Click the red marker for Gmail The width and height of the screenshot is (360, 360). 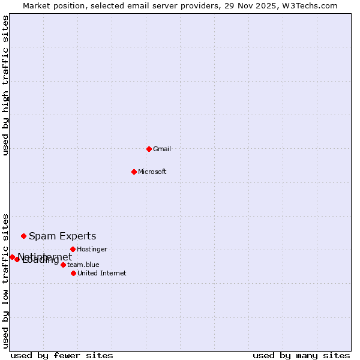149,149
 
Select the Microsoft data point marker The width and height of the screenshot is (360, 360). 134,172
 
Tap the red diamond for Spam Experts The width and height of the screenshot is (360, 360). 23,236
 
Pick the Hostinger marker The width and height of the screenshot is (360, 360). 73,249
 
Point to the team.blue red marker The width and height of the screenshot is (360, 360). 63,265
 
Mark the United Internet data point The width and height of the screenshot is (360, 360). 73,273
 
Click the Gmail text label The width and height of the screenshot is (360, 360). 162,149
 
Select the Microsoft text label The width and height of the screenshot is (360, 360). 152,172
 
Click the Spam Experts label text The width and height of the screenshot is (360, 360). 62,236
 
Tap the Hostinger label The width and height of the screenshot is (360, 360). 92,249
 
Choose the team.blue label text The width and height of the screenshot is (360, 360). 83,265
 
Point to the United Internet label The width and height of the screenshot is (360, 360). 101,273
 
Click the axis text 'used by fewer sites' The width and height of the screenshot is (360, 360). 62,355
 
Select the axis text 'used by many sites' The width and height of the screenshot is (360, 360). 301,355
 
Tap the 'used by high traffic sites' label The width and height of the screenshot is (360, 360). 6,85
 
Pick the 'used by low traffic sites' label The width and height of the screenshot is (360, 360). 6,281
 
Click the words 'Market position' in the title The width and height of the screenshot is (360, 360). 51,6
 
